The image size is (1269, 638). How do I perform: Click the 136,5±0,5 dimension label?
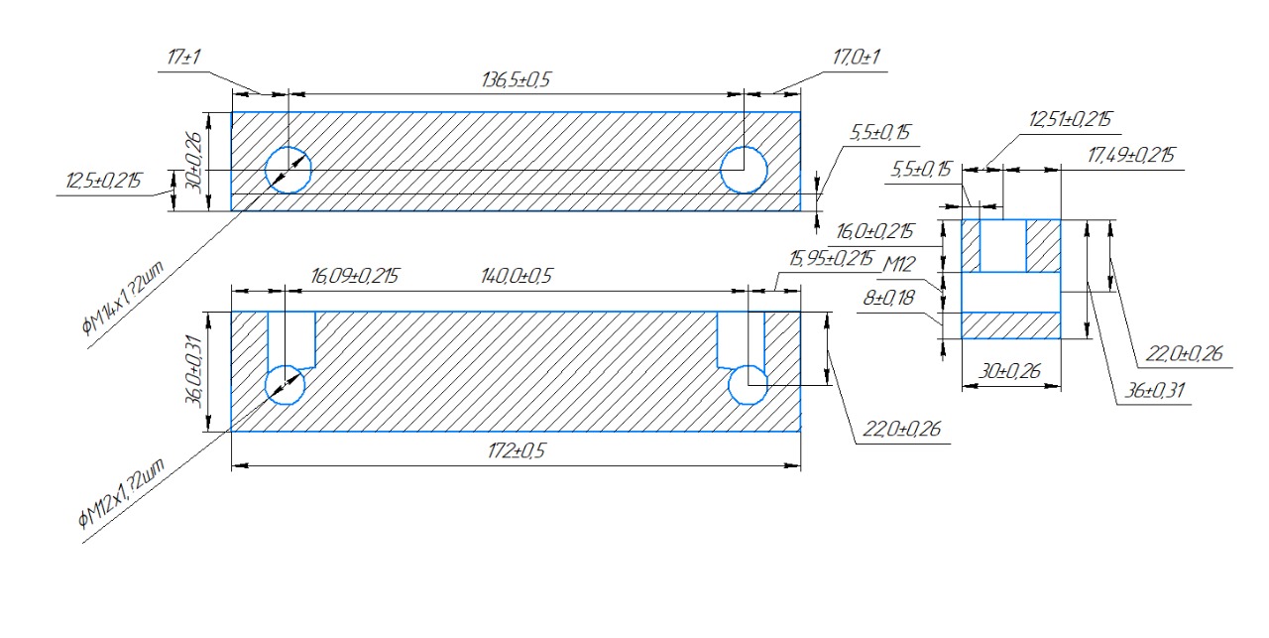point(516,80)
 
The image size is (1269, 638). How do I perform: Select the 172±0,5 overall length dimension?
point(517,451)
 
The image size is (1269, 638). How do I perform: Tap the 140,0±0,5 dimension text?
point(517,276)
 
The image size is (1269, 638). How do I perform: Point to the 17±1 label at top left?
point(183,58)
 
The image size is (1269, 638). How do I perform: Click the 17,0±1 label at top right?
point(856,58)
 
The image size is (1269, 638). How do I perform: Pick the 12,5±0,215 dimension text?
point(104,182)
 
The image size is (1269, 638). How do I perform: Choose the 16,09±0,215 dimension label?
point(355,276)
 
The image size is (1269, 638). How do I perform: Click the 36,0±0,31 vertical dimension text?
point(194,371)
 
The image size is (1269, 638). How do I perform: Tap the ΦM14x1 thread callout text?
point(123,299)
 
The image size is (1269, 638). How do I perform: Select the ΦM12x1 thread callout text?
point(122,493)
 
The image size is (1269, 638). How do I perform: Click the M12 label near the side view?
point(899,264)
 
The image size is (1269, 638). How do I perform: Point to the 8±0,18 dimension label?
point(888,299)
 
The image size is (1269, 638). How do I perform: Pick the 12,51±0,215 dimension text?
point(1070,120)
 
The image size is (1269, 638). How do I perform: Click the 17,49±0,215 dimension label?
point(1131,156)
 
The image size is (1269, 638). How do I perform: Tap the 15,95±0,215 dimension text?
point(831,259)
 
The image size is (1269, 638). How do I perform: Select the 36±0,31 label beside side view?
point(1154,391)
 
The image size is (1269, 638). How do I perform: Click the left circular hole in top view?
point(288,170)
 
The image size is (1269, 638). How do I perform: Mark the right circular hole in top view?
point(744,170)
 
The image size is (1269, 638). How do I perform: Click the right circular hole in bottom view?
point(748,386)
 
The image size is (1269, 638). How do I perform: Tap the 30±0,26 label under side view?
point(1010,371)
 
